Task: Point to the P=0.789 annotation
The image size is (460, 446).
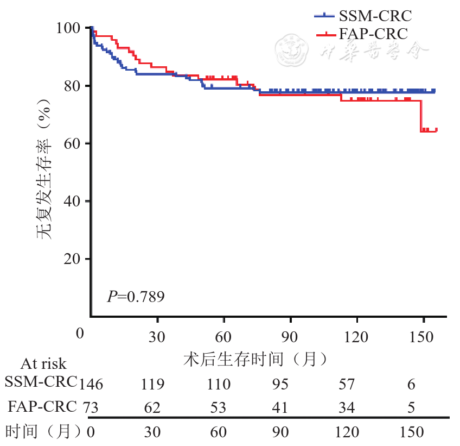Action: [x=136, y=297]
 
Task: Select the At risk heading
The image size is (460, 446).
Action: [x=43, y=363]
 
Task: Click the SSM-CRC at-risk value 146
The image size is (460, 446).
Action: [x=91, y=385]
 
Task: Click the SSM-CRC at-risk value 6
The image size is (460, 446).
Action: [x=411, y=385]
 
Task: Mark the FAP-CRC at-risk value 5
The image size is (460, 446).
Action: [x=411, y=407]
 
